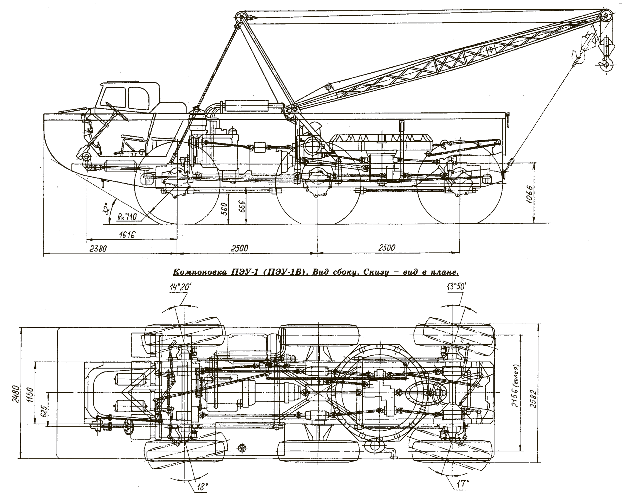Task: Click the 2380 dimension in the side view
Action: (98, 249)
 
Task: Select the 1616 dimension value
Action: (127, 235)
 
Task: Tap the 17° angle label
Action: (462, 483)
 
